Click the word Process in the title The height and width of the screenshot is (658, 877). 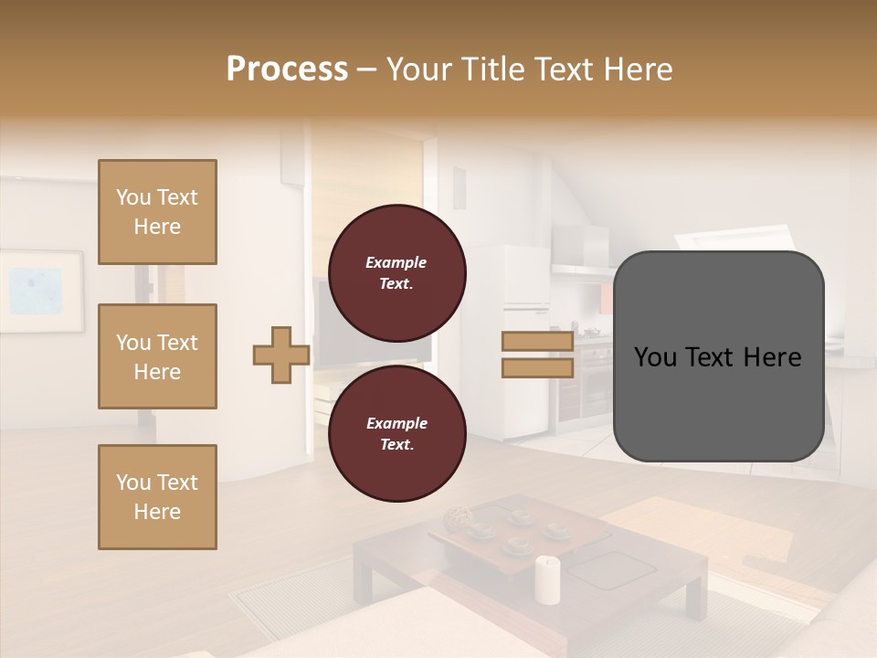pyautogui.click(x=287, y=69)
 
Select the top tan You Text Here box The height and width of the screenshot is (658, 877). pyautogui.click(x=157, y=212)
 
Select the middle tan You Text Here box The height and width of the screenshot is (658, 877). pyautogui.click(x=157, y=356)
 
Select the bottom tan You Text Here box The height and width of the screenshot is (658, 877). pyautogui.click(x=157, y=497)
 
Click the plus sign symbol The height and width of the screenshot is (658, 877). pyautogui.click(x=281, y=356)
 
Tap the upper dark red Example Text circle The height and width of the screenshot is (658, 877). pyautogui.click(x=396, y=273)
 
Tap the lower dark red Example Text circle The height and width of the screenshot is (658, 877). pyautogui.click(x=396, y=434)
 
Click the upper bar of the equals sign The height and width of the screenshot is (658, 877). pyautogui.click(x=537, y=342)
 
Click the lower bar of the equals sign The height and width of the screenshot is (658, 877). pyautogui.click(x=537, y=367)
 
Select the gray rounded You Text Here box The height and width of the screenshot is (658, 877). pyautogui.click(x=718, y=356)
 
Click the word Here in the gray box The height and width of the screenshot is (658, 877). pyautogui.click(x=772, y=357)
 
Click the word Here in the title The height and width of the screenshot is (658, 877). pyautogui.click(x=639, y=69)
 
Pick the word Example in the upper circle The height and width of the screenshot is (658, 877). pyautogui.click(x=396, y=262)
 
